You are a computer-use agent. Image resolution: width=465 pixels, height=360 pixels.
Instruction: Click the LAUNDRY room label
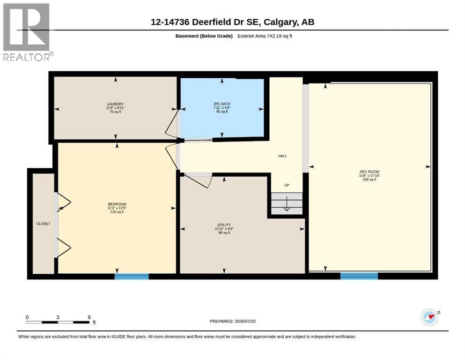115,104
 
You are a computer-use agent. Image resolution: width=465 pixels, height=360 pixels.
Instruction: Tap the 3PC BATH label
222,104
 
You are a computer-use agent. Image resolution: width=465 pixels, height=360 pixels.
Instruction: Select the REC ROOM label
369,172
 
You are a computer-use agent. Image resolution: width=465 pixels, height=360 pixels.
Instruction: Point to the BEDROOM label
117,204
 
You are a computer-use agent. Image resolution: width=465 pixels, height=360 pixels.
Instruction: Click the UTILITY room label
224,225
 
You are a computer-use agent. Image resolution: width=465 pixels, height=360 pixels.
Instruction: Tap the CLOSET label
43,224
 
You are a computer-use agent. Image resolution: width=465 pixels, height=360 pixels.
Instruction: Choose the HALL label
282,156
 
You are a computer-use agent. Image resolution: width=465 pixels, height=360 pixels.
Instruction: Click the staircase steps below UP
287,203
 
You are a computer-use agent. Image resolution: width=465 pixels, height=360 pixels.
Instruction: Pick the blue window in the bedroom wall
132,277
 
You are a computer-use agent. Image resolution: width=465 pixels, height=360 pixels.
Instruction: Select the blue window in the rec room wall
359,276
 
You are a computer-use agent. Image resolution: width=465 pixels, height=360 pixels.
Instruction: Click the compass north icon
430,317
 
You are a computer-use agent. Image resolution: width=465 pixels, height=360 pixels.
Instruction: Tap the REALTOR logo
28,32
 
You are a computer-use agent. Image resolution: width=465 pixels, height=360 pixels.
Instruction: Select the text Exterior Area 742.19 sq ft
265,36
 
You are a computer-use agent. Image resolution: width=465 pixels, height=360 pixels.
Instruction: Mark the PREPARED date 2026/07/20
245,321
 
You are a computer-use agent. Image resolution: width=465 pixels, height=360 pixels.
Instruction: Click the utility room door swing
198,181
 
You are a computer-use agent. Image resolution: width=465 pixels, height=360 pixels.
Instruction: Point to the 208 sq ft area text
369,180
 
